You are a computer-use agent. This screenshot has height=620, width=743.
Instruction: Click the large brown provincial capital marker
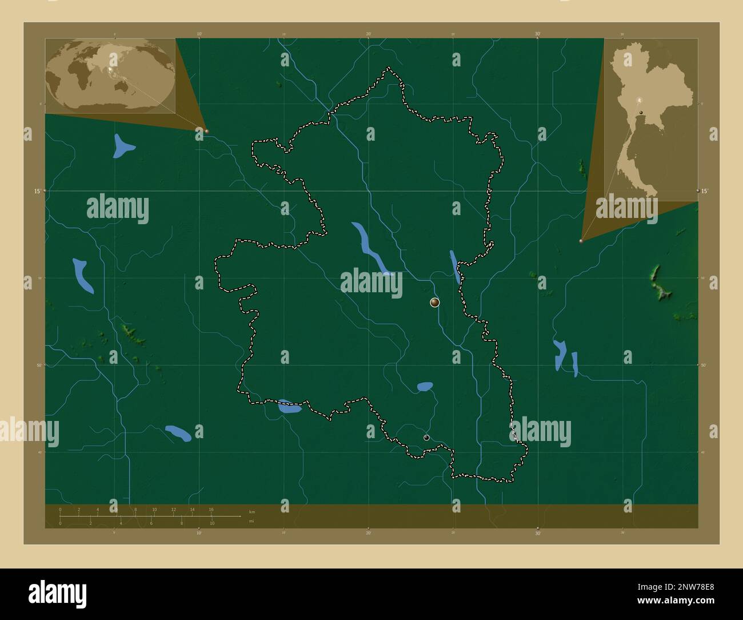(x=435, y=303)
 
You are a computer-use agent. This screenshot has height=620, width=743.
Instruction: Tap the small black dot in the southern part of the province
(x=426, y=438)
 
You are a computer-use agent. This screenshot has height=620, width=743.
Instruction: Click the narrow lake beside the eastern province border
(x=455, y=266)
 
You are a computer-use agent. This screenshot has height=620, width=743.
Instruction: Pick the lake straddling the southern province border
(x=289, y=407)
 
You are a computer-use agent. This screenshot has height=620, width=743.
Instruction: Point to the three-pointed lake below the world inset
(x=122, y=146)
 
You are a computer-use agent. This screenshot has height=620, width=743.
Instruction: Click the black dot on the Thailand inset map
(x=642, y=112)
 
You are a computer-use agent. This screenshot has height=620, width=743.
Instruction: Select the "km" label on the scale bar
(x=252, y=511)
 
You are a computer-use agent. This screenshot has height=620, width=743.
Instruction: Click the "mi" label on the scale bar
(x=251, y=521)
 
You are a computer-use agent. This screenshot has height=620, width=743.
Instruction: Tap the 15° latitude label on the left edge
(x=37, y=191)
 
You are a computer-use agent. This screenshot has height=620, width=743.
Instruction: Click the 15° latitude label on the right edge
(x=705, y=191)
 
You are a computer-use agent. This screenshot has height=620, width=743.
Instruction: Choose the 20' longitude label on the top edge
(x=369, y=34)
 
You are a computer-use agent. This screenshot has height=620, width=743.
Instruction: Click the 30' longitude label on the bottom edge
(x=538, y=533)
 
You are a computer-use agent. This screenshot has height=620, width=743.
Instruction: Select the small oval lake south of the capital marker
(x=425, y=387)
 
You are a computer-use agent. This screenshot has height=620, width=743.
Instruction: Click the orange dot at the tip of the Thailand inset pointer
(x=581, y=241)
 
